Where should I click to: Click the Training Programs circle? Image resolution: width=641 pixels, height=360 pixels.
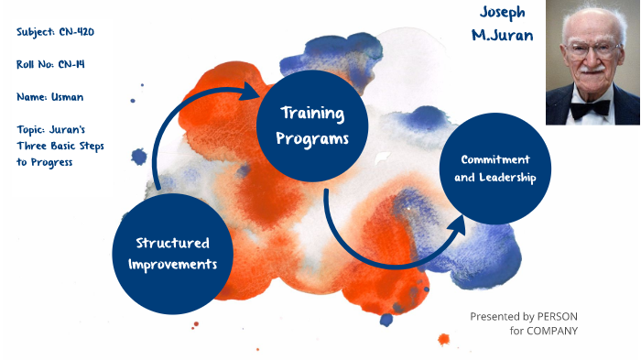pyautogui.click(x=312, y=126)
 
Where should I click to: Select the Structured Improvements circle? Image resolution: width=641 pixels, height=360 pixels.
pyautogui.click(x=172, y=253)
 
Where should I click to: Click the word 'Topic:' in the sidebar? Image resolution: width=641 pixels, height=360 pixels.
pyautogui.click(x=34, y=128)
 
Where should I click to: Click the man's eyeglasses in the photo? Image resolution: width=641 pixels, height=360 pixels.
pyautogui.click(x=591, y=50)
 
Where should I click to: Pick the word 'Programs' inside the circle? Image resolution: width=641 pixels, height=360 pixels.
pyautogui.click(x=312, y=138)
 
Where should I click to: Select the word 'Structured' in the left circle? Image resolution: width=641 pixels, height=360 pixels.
pyautogui.click(x=172, y=243)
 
